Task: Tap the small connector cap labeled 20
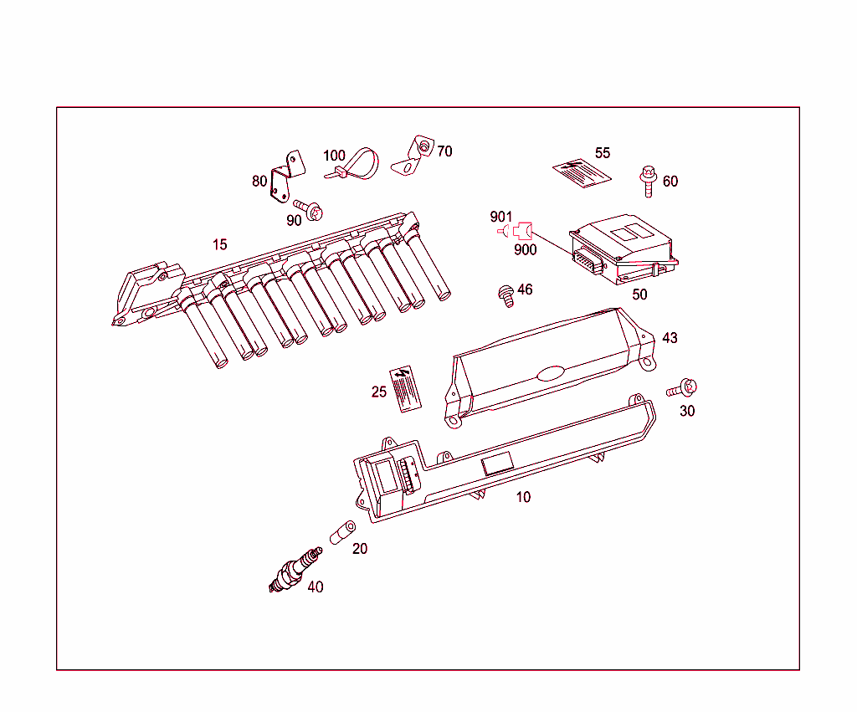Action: pyautogui.click(x=342, y=532)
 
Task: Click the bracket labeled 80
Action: pyautogui.click(x=284, y=177)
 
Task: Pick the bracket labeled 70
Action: pyautogui.click(x=414, y=156)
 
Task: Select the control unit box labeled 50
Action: pyautogui.click(x=624, y=248)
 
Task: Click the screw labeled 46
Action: pyautogui.click(x=505, y=295)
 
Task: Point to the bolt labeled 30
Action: pyautogui.click(x=683, y=388)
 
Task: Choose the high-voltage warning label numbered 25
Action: pyautogui.click(x=403, y=387)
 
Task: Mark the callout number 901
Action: pyautogui.click(x=501, y=218)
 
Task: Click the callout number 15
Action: pyautogui.click(x=219, y=245)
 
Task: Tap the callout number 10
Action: pyautogui.click(x=523, y=497)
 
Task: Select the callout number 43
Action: pyautogui.click(x=670, y=338)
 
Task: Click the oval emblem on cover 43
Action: pyautogui.click(x=552, y=373)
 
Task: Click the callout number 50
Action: pyautogui.click(x=639, y=295)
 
